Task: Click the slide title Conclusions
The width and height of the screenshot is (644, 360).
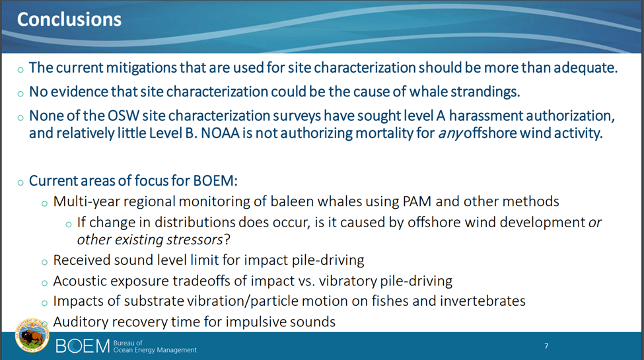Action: (x=69, y=19)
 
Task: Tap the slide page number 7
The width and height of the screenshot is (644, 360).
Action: (x=546, y=346)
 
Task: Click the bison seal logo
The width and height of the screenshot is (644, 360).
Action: (x=32, y=335)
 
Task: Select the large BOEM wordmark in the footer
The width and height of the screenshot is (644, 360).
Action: (x=83, y=346)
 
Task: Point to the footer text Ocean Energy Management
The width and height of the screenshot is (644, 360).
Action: (x=155, y=350)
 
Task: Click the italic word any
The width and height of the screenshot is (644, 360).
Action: (x=450, y=134)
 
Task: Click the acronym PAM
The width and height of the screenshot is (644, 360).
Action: (x=417, y=201)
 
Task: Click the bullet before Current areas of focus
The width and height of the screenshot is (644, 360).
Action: (x=20, y=182)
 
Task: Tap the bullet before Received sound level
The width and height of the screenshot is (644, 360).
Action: (x=44, y=262)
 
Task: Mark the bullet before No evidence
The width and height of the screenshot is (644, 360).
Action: (x=20, y=94)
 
